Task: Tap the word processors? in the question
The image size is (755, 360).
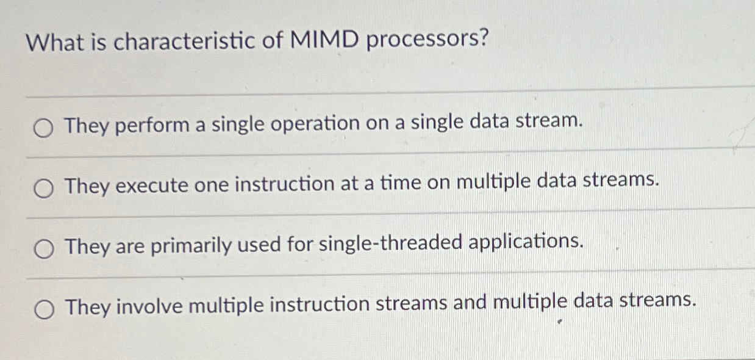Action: [428, 40]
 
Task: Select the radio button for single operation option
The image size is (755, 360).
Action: [43, 128]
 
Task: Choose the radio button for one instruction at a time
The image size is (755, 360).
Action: [43, 189]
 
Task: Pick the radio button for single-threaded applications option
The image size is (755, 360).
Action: [43, 249]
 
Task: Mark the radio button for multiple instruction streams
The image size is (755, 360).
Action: [43, 310]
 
